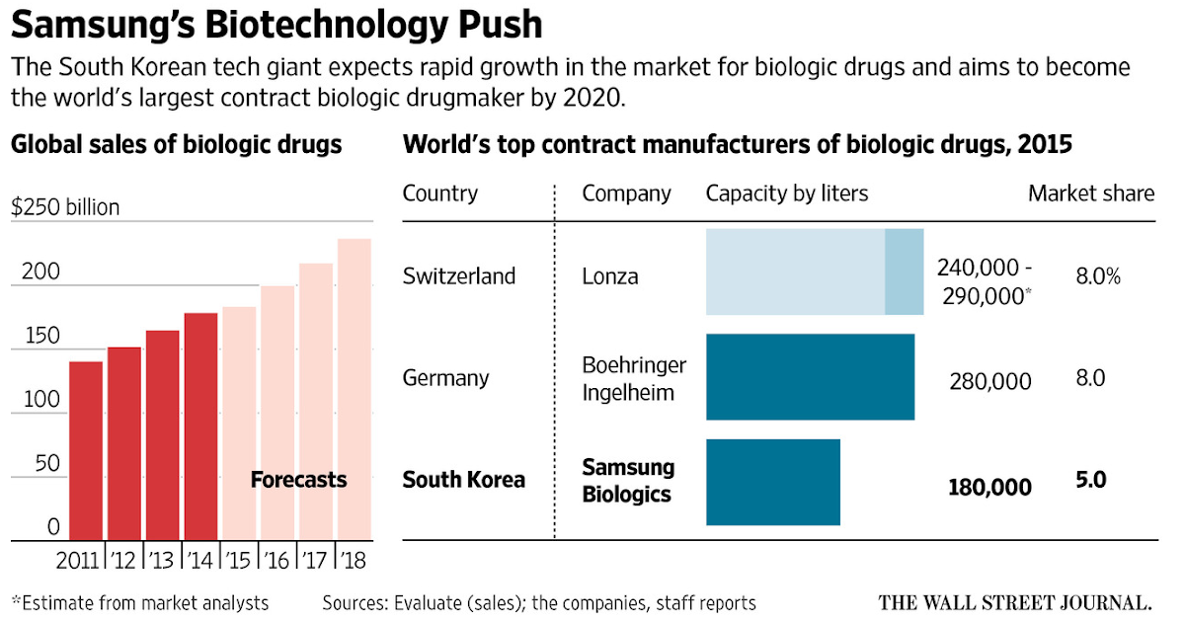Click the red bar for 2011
tap(86, 450)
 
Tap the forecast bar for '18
tap(355, 389)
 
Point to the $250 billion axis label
tap(65, 207)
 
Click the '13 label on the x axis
tap(162, 561)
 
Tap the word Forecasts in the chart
tap(298, 481)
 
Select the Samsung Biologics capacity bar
tap(773, 482)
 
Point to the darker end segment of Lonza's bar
tap(904, 272)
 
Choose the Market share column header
tap(1090, 194)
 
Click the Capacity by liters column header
tap(786, 194)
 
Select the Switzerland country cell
tap(459, 276)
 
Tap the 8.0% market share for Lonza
tap(1098, 276)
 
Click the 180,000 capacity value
tap(989, 488)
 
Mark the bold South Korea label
tap(464, 481)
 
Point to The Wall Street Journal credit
tap(1016, 601)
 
